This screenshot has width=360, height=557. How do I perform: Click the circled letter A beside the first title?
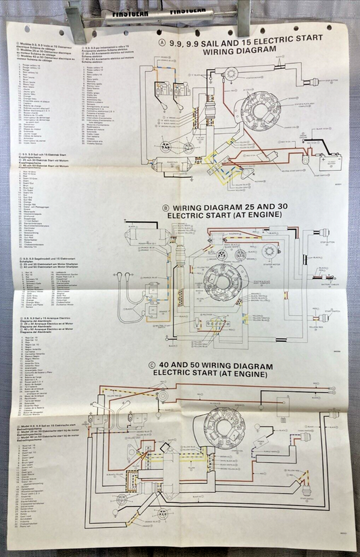click(x=161, y=42)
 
